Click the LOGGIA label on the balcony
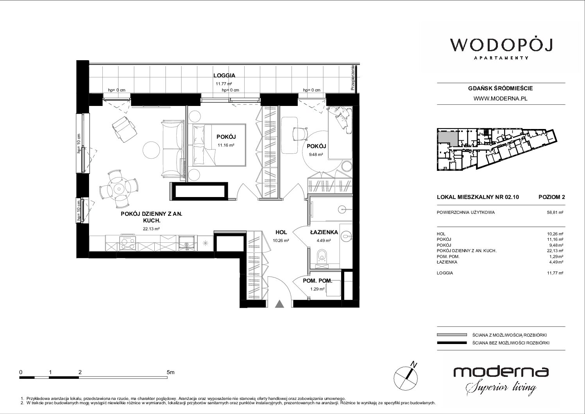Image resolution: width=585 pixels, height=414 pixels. [x=224, y=75]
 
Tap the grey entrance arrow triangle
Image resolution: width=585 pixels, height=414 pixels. [x=279, y=304]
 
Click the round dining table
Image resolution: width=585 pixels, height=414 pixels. [x=119, y=188]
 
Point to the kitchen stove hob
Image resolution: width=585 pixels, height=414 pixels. [x=127, y=243]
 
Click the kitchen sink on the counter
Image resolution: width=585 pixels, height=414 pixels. [x=187, y=243]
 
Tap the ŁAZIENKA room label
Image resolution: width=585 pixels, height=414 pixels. [x=324, y=232]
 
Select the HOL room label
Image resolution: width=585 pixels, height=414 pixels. [x=281, y=232]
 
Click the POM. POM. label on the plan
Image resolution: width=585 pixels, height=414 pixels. [x=317, y=281]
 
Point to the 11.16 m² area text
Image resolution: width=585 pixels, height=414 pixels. [x=226, y=145]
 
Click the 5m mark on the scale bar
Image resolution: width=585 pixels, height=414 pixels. [x=170, y=372]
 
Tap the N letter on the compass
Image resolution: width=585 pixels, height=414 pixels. [x=414, y=364]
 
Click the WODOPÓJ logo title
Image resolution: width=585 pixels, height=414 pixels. [x=501, y=45]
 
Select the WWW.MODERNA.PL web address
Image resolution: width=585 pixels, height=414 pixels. [x=500, y=99]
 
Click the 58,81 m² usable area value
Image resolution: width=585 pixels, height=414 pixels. [x=555, y=212]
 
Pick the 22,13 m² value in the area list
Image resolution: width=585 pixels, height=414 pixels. [x=555, y=251]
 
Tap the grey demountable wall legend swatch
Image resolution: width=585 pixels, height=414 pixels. [x=452, y=335]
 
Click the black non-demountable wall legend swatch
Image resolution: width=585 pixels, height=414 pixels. [x=452, y=343]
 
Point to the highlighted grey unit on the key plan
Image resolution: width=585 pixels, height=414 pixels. [x=448, y=138]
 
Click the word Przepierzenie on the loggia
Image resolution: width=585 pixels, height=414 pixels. [x=353, y=78]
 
